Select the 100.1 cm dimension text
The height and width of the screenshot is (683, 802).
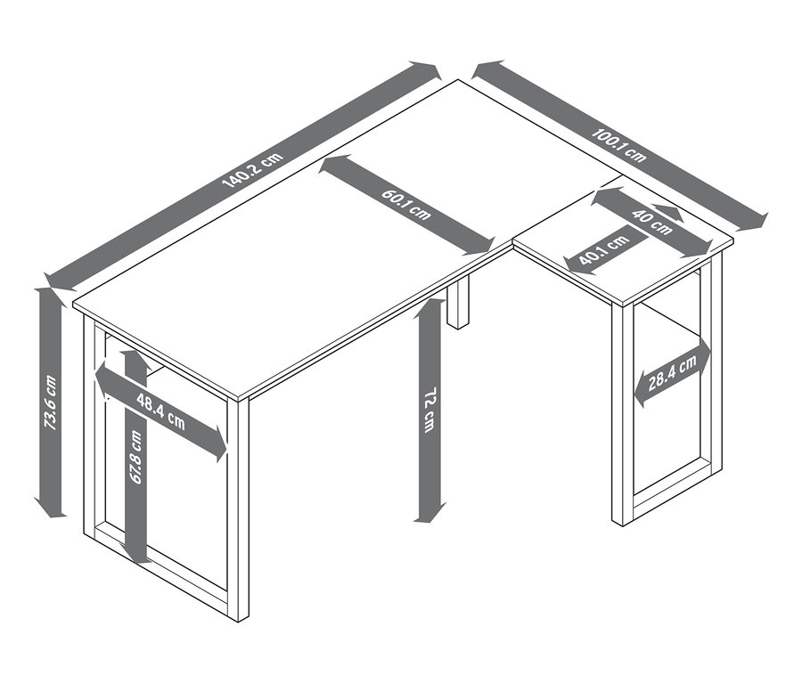coord(618,144)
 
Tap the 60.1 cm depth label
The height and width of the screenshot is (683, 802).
coord(406,205)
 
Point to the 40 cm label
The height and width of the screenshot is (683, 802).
coord(651,223)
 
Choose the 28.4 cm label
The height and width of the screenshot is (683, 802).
coord(673,373)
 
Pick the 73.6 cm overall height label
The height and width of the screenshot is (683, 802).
coord(50,402)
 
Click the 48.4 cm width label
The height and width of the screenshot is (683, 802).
coord(160,410)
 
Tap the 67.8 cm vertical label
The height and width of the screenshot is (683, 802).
coord(135,457)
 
